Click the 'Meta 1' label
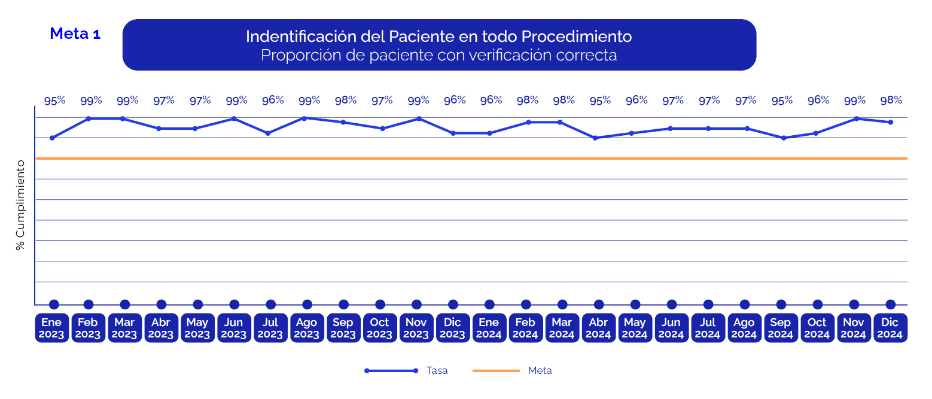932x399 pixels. click(75, 34)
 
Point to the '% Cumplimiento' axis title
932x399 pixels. click(21, 205)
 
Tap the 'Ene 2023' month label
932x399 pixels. click(51, 328)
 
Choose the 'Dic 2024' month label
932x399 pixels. click(890, 328)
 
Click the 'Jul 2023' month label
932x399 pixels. click(270, 328)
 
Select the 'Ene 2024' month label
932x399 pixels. click(489, 328)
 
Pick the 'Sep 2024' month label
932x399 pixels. click(781, 328)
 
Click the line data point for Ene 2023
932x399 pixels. click(52, 138)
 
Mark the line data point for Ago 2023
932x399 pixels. click(304, 118)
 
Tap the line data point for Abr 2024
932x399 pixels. click(595, 138)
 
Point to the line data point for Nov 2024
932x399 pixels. click(857, 118)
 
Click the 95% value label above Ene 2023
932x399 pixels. click(54, 101)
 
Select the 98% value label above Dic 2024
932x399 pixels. click(891, 100)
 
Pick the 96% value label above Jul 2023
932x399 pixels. click(273, 100)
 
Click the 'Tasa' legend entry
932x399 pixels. click(437, 371)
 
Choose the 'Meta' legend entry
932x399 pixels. click(540, 371)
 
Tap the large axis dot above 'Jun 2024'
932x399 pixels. click(672, 304)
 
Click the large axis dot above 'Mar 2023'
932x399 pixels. click(125, 304)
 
